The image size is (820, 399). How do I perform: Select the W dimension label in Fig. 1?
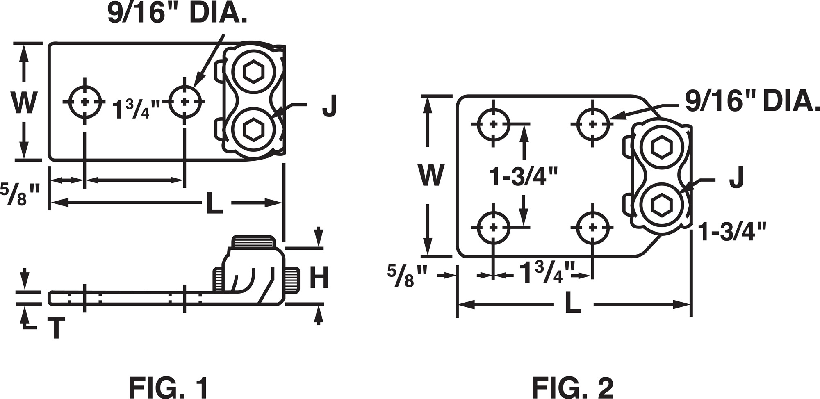point(25,103)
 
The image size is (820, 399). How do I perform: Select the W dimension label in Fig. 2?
point(430,175)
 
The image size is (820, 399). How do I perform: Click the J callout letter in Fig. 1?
point(329,105)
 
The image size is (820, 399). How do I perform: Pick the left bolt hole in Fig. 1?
point(85,102)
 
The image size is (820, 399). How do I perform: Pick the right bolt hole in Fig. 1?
point(185,101)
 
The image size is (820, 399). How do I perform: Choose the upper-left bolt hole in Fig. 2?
point(494,123)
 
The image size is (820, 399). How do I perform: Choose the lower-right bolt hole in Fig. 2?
point(592,227)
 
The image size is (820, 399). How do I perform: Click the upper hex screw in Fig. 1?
point(253,72)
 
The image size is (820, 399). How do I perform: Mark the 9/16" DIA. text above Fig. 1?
point(177,13)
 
